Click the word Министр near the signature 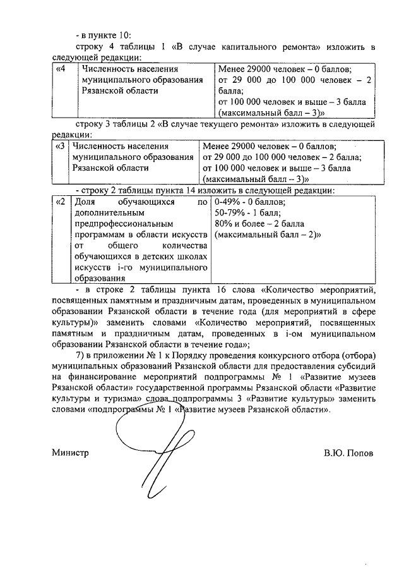(x=70, y=453)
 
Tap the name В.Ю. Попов (x=348, y=453)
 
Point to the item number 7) (x=81, y=354)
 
